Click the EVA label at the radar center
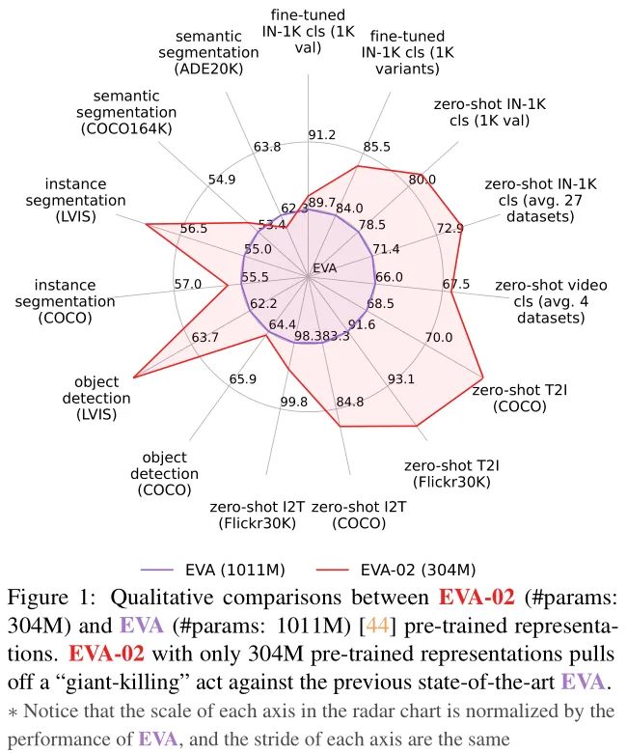(325, 268)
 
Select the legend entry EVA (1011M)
(213, 570)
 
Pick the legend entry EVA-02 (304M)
(396, 570)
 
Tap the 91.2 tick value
(322, 135)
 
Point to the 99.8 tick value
(293, 402)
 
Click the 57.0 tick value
(187, 284)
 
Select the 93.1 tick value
(401, 378)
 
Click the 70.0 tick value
(439, 337)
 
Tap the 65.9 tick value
(243, 378)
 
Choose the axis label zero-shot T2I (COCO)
(520, 398)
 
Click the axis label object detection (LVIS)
(96, 398)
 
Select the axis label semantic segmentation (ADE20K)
(208, 52)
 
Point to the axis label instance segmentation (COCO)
(66, 301)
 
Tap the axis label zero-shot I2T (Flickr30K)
(258, 515)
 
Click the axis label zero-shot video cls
(551, 301)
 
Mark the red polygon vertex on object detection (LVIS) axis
(133, 377)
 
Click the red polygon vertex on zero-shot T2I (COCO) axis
(482, 376)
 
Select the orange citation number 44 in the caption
(377, 626)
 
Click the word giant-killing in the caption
(119, 683)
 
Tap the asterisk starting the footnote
(13, 712)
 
